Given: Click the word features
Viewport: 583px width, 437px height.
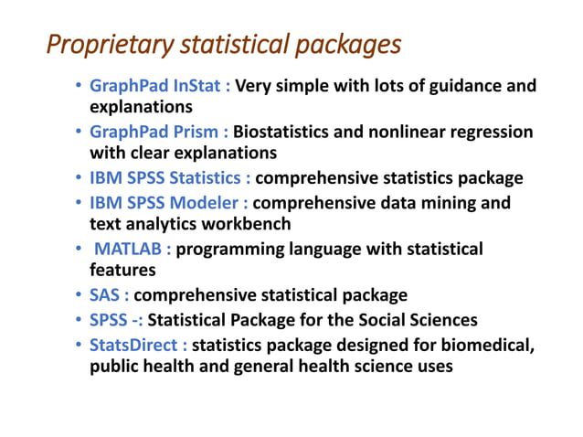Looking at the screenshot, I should [x=122, y=272].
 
